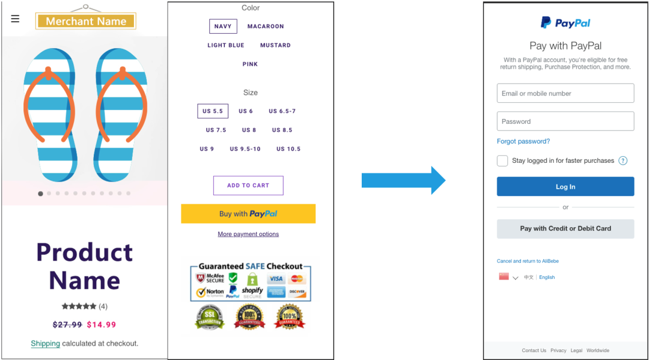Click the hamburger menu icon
tap(15, 19)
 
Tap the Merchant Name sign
tap(86, 21)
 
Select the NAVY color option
tap(223, 26)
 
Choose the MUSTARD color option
tap(275, 45)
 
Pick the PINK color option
tap(250, 64)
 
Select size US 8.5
tap(282, 130)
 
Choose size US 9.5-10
tap(245, 149)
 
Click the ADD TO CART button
tap(248, 186)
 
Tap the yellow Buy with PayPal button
tap(248, 214)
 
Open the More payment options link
tap(248, 234)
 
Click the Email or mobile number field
tap(565, 93)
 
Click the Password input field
tap(565, 121)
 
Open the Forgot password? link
tap(523, 141)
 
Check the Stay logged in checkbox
tap(502, 160)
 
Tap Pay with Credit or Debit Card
tap(565, 228)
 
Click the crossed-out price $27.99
tap(67, 325)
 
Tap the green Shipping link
tap(45, 344)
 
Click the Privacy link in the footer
tap(558, 350)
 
